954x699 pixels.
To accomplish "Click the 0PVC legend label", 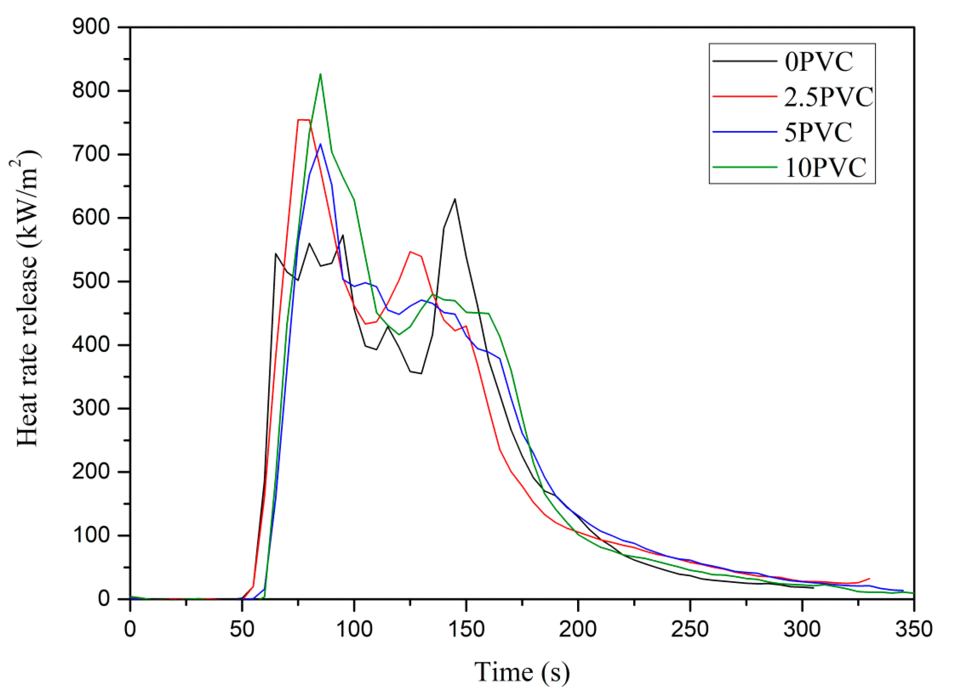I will [818, 62].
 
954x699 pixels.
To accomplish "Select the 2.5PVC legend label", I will [828, 97].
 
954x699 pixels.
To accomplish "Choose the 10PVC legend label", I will [825, 168].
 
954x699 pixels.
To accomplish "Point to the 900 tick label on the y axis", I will [91, 27].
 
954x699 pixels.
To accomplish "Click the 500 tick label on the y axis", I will [91, 281].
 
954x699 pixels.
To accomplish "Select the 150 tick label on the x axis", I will [466, 629].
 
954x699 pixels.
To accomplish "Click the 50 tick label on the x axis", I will [242, 629].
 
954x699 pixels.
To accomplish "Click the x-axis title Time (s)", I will [522, 672].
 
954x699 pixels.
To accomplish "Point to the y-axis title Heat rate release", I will [26, 299].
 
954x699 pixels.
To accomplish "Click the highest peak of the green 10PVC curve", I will [320, 74].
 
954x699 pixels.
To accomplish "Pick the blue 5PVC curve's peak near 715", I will [320, 144].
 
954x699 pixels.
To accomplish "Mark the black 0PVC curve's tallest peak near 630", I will [455, 199].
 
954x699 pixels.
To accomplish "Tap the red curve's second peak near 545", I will [410, 252].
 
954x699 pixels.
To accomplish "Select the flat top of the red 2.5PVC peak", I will [304, 120].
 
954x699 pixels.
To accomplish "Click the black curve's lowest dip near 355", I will [421, 373].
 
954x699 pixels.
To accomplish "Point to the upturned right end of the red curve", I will [869, 578].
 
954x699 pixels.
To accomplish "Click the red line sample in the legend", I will [745, 97].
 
